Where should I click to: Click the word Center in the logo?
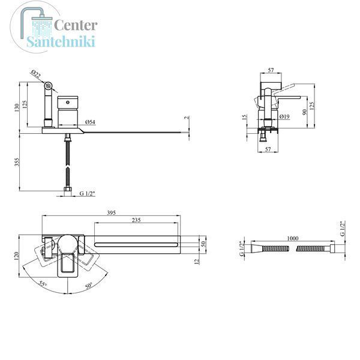[x=76, y=25]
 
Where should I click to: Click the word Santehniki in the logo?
[x=61, y=42]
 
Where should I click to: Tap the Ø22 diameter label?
[x=36, y=74]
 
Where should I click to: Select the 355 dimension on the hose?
[x=17, y=162]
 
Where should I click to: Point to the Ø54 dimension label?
[x=90, y=122]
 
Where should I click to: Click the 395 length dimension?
[x=112, y=213]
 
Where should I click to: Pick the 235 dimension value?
[x=136, y=220]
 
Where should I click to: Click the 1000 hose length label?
[x=293, y=238]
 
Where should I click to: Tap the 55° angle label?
[x=43, y=284]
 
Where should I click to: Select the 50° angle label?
[x=89, y=286]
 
